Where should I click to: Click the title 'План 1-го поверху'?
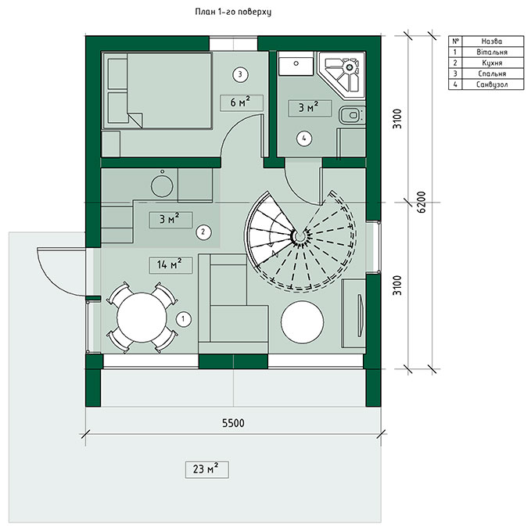[x=233, y=13]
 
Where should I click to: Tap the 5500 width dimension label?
[x=233, y=423]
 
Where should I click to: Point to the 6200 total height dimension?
[x=421, y=202]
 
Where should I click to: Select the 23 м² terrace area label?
[x=206, y=469]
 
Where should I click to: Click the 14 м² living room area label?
[x=170, y=264]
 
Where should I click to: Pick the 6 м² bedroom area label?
[x=242, y=102]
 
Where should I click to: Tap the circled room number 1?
[x=184, y=318]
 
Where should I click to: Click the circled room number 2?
[x=203, y=232]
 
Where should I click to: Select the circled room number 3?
[x=240, y=74]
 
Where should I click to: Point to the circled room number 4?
[x=303, y=138]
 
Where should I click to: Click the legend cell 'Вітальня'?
[x=492, y=52]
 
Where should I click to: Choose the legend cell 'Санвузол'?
[x=492, y=84]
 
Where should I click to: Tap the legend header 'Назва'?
[x=492, y=41]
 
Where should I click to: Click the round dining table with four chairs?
[x=142, y=318]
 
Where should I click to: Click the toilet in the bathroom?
[x=352, y=116]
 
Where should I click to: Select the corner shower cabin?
[x=342, y=75]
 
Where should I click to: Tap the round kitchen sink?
[x=162, y=185]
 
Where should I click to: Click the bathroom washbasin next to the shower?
[x=296, y=66]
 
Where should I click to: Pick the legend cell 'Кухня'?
[x=492, y=63]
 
